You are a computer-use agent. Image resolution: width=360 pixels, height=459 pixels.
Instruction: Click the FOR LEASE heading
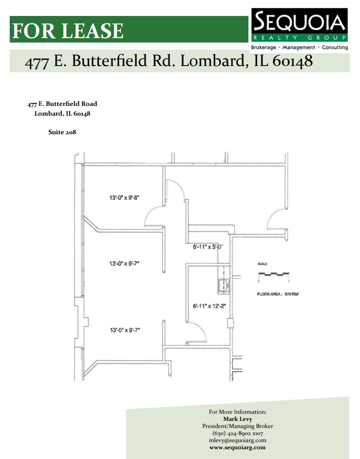pos(68,30)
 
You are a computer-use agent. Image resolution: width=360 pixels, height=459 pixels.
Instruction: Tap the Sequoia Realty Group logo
pos(299,25)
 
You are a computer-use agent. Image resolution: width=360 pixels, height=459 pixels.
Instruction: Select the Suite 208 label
pos(62,132)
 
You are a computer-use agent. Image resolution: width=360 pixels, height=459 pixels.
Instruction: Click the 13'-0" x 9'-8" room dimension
pos(124,198)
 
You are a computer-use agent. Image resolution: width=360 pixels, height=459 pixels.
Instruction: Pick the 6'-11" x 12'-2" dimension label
pos(209,306)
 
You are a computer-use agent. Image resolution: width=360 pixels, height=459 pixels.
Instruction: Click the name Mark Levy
pos(238,419)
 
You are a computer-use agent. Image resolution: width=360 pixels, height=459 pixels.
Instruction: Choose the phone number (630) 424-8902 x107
pos(238,433)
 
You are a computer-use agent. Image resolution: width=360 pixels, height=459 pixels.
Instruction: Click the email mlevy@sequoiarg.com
pos(238,440)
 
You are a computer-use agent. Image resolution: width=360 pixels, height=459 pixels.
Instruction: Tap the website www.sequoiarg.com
pos(238,447)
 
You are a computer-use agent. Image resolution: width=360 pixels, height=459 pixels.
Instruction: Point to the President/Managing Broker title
pos(238,426)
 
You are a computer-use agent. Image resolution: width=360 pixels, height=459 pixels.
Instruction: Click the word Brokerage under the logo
pos(263,47)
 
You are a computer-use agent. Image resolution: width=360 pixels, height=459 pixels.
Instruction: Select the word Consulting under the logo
pos(335,47)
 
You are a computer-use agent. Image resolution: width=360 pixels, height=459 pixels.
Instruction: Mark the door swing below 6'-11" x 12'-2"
pos(199,332)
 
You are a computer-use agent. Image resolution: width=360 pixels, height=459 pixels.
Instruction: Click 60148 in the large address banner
pos(292,61)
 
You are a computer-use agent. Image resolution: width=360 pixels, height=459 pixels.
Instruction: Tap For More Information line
pos(238,412)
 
